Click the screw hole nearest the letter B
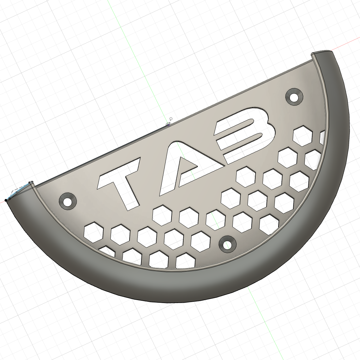294,97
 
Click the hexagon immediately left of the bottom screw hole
201,241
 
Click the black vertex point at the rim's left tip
6,200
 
